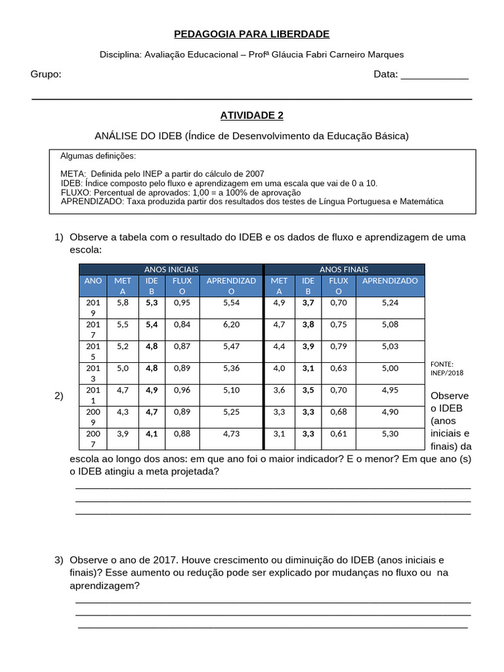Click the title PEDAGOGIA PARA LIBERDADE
[x=251, y=34]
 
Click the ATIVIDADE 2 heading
[x=251, y=115]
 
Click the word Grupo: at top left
[x=46, y=74]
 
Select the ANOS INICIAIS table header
[x=171, y=269]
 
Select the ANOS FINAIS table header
[x=344, y=269]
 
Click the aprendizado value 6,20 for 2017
[x=231, y=324]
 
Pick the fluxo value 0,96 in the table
[x=182, y=389]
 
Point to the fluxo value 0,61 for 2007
[x=339, y=433]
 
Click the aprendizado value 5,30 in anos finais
[x=390, y=433]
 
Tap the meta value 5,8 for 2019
[x=123, y=303]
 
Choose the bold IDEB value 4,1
[x=152, y=433]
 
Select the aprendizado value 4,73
[x=231, y=433]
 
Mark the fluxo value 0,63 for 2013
[x=339, y=368]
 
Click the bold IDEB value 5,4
[x=152, y=324]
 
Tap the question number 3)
[x=59, y=560]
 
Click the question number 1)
[x=59, y=237]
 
